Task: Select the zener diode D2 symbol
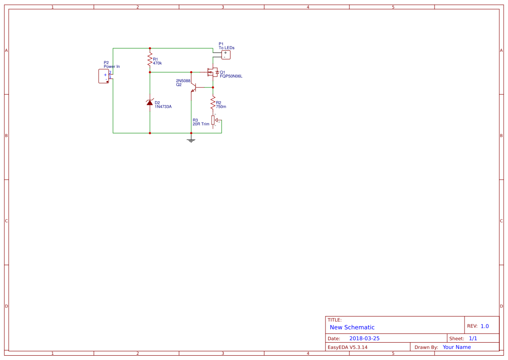150,103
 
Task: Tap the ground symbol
191,140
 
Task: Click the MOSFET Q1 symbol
212,72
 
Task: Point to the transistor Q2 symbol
194,87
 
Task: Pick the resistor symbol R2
213,103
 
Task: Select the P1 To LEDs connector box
225,54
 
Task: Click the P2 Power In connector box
103,76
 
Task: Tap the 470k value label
157,63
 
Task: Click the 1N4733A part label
163,107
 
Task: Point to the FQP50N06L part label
231,76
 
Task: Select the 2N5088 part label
183,81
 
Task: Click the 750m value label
221,107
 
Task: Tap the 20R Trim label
201,124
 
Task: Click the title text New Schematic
352,327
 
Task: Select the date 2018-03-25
364,338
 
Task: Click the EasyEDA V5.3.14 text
347,347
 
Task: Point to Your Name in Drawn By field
457,347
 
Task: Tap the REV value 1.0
485,326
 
